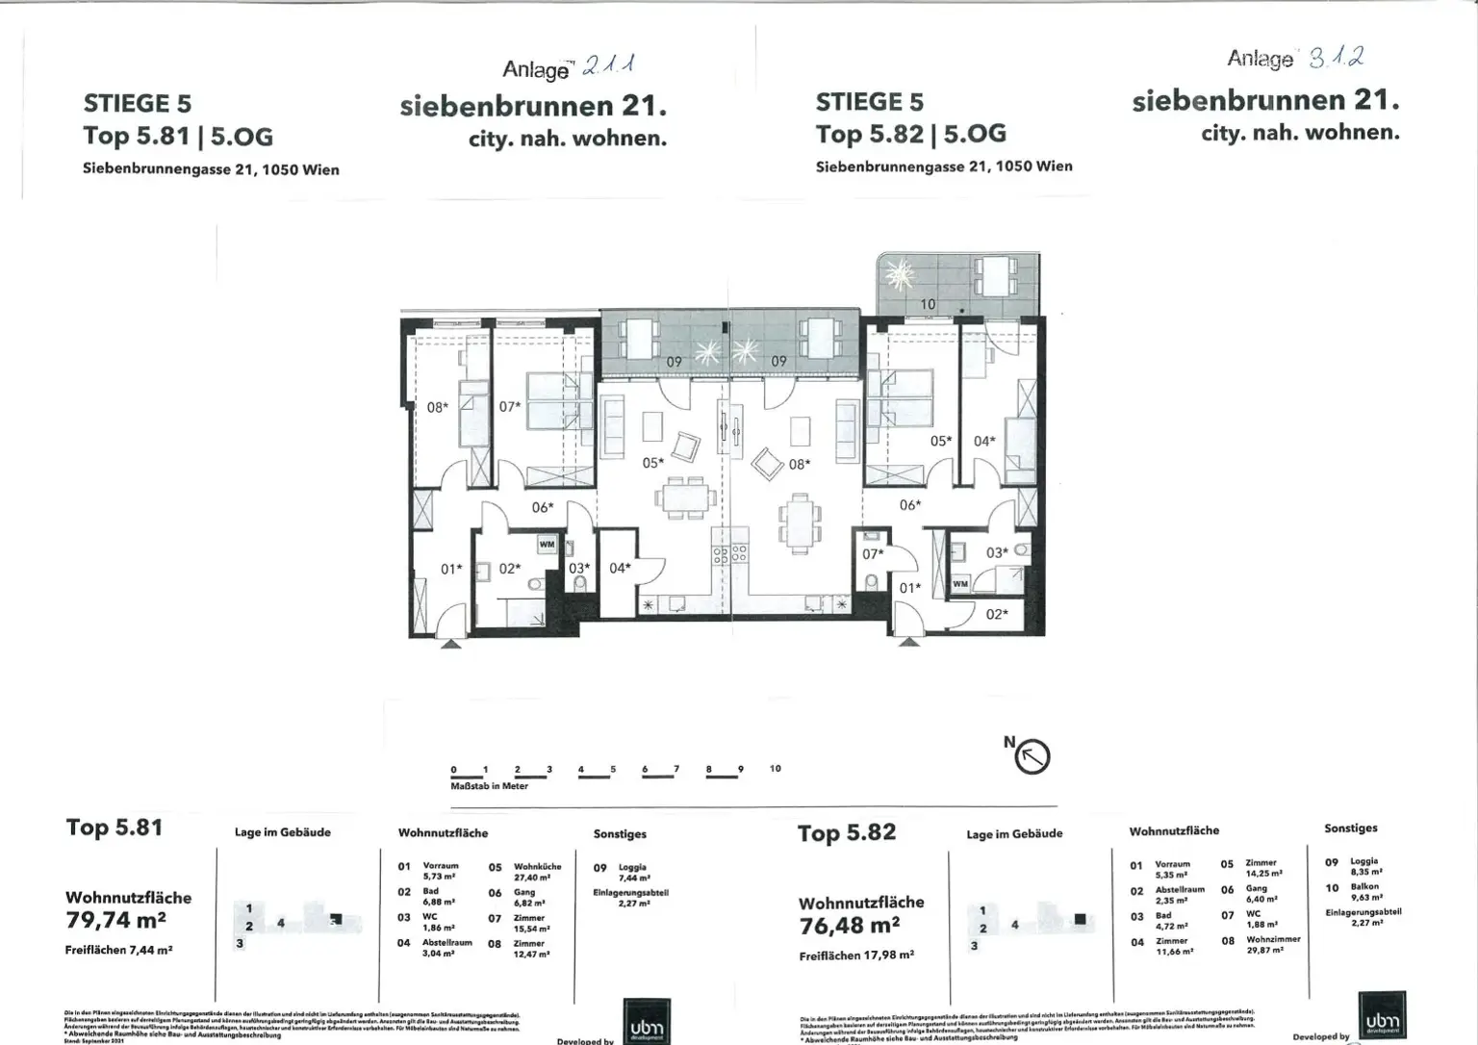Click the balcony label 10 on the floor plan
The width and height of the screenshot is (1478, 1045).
[x=928, y=304]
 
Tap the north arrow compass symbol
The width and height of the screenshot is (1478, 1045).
[x=1032, y=756]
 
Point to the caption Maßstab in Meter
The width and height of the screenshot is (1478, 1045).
[x=489, y=786]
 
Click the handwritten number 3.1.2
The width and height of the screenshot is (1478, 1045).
[x=1337, y=58]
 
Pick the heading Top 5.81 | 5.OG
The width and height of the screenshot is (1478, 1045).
[x=178, y=136]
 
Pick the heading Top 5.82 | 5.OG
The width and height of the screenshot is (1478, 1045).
[x=910, y=134]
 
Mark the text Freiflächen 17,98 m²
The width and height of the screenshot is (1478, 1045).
[x=856, y=956]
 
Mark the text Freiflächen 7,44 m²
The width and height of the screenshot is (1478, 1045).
[x=118, y=950]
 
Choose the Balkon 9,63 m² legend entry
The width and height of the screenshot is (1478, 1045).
[x=1364, y=892]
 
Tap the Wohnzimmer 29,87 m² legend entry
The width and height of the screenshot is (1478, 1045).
[x=1272, y=945]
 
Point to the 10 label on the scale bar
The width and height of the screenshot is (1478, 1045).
[x=776, y=769]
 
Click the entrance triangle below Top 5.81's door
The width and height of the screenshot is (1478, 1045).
[x=448, y=644]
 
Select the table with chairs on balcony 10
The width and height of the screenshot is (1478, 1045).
[x=991, y=276]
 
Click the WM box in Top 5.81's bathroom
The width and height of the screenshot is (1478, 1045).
[x=547, y=545]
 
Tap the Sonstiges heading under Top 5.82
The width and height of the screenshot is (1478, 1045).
[x=1350, y=828]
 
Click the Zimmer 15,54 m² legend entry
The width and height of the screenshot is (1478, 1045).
[x=531, y=923]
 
